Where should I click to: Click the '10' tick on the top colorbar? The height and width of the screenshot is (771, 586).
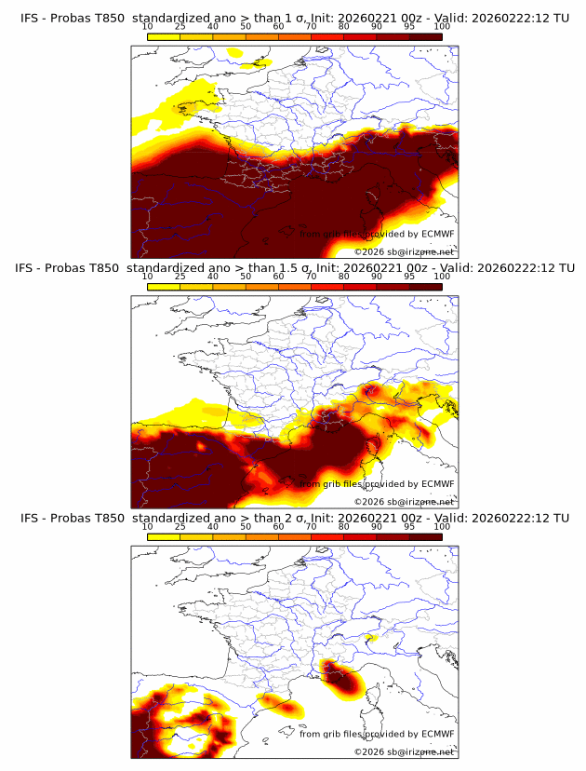[148, 27]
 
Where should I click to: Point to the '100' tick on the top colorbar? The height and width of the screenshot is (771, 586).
[442, 27]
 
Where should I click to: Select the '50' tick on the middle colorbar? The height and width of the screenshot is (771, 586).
[246, 277]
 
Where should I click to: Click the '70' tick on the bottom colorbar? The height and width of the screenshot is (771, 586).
[312, 526]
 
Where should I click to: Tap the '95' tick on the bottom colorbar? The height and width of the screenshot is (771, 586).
[409, 526]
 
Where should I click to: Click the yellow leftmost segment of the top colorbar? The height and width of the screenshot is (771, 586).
[164, 36]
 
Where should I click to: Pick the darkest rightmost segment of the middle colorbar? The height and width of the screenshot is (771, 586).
[425, 286]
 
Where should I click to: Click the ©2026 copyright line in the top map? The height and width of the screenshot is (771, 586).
[404, 251]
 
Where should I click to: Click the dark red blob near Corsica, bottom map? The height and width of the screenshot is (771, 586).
[343, 679]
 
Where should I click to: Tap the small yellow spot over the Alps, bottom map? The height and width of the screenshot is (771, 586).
[372, 638]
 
